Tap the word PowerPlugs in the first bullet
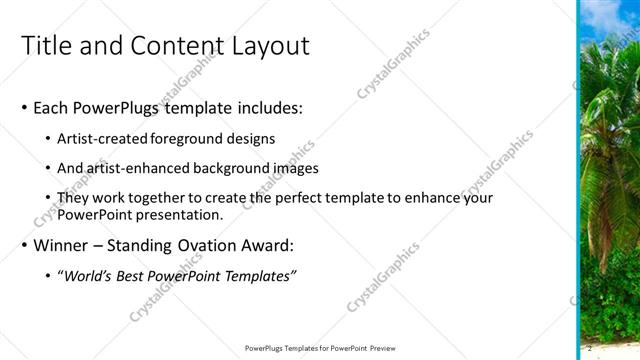click(124, 107)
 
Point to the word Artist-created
click(101, 139)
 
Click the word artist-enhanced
click(136, 169)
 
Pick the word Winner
click(63, 246)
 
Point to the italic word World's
click(90, 277)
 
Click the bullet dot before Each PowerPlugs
click(24, 108)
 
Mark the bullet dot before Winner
click(24, 247)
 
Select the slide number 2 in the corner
click(590, 347)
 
